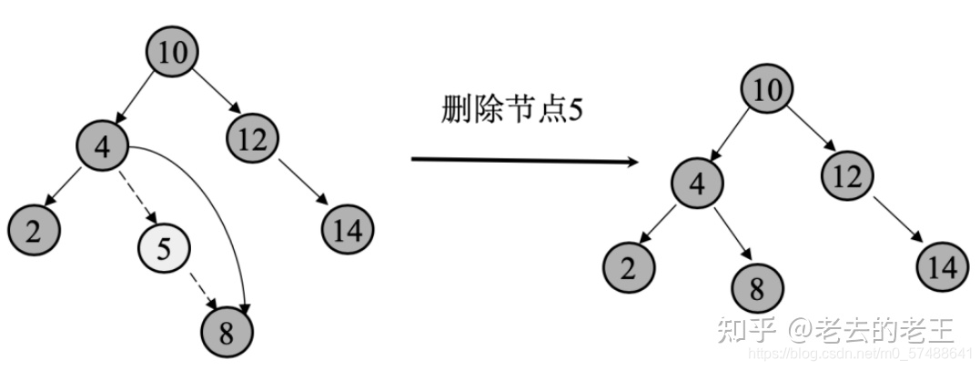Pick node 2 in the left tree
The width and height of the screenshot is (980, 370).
pyautogui.click(x=34, y=230)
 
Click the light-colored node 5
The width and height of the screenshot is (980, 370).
pyautogui.click(x=164, y=247)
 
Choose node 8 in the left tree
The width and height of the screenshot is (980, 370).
pyautogui.click(x=227, y=332)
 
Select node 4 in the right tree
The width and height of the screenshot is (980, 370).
pyautogui.click(x=698, y=185)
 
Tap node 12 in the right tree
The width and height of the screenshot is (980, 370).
pyautogui.click(x=847, y=175)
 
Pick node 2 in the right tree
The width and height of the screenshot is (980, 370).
pyautogui.click(x=629, y=267)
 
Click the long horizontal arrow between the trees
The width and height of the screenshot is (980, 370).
pyautogui.click(x=523, y=161)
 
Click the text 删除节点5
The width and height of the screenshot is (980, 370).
pyautogui.click(x=511, y=111)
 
